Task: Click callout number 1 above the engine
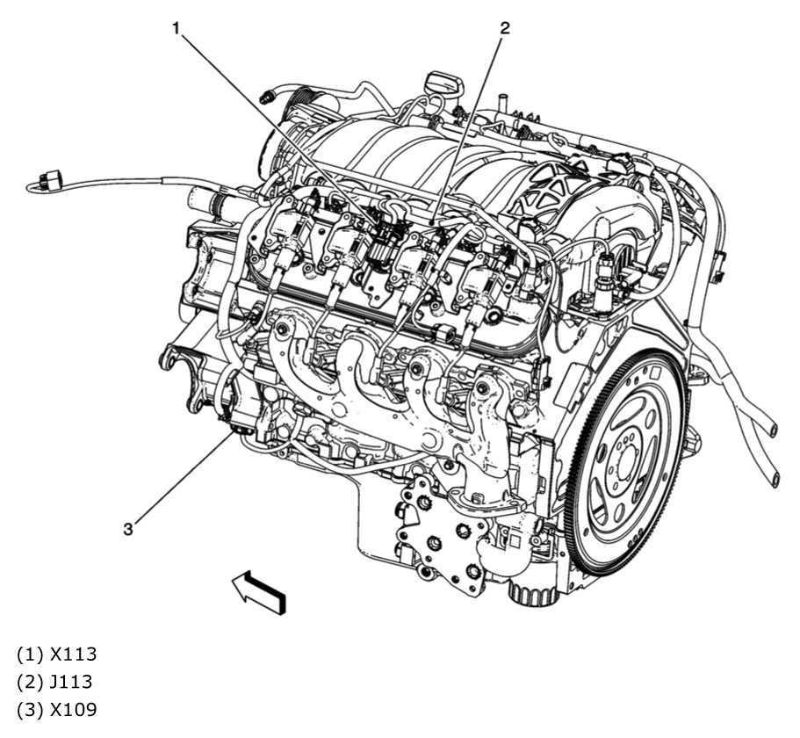(177, 28)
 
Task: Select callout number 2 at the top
(504, 28)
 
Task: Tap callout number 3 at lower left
(128, 528)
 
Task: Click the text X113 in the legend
(73, 655)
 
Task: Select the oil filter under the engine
(531, 586)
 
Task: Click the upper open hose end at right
(773, 428)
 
